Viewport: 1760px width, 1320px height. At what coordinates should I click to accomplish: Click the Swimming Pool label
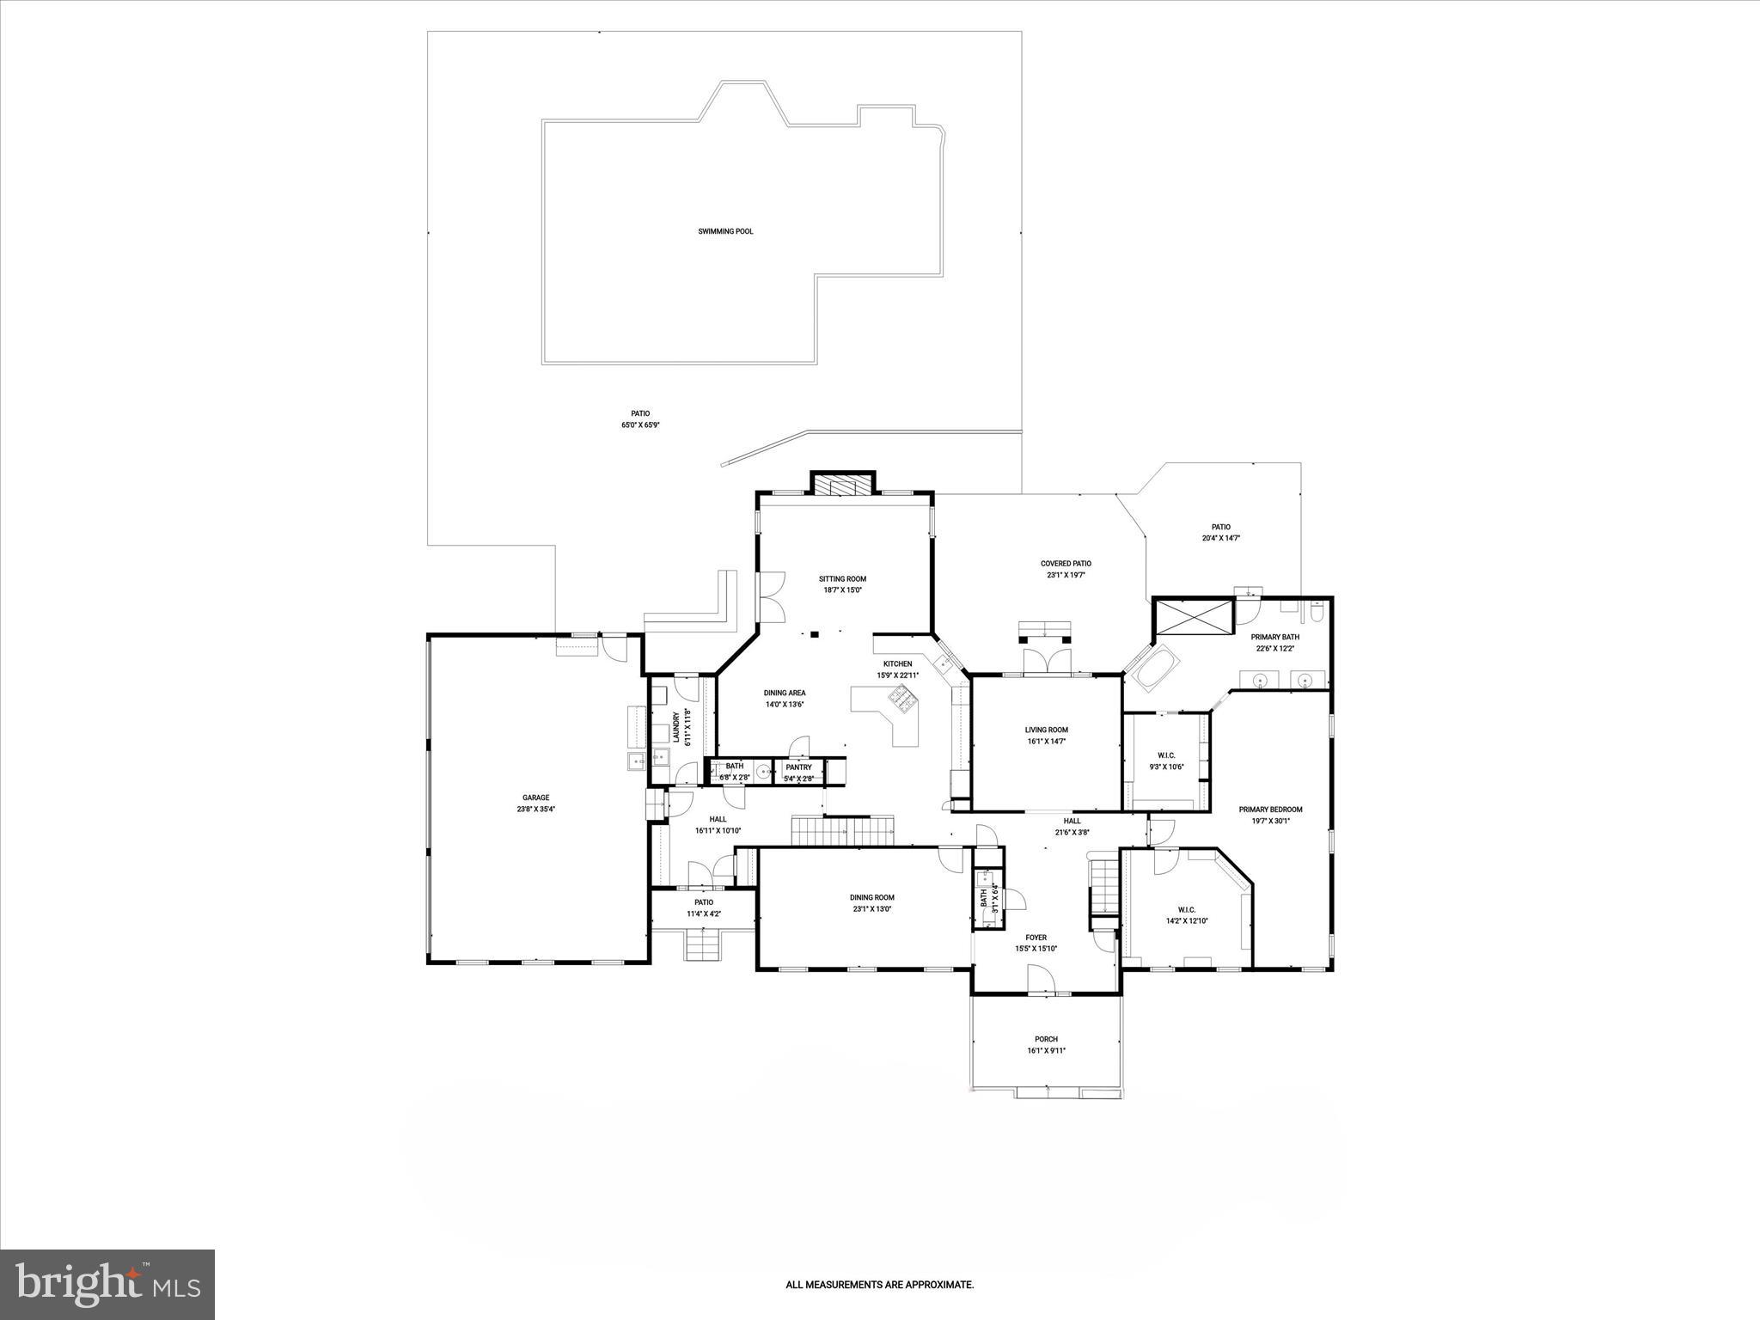pyautogui.click(x=725, y=231)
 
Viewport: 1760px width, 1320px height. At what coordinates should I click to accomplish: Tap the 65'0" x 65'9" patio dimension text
pyautogui.click(x=639, y=425)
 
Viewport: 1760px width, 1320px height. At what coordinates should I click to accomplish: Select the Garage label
pyautogui.click(x=535, y=797)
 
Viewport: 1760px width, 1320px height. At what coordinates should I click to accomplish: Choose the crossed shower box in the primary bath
pyautogui.click(x=1194, y=617)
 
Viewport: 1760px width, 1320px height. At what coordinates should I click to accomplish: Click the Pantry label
pyautogui.click(x=798, y=767)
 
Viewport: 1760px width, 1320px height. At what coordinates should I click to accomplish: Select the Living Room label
pyautogui.click(x=1046, y=730)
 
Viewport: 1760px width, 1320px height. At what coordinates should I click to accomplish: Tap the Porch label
pyautogui.click(x=1046, y=1039)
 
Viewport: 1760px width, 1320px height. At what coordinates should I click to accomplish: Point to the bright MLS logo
pyautogui.click(x=107, y=1284)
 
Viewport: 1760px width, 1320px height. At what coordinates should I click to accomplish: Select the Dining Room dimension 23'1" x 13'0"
pyautogui.click(x=872, y=908)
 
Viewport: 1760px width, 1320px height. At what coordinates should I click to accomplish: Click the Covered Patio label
pyautogui.click(x=1066, y=564)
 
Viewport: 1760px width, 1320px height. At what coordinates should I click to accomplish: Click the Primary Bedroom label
pyautogui.click(x=1270, y=809)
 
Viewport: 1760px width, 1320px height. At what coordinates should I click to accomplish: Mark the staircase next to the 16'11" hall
pyautogui.click(x=843, y=830)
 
